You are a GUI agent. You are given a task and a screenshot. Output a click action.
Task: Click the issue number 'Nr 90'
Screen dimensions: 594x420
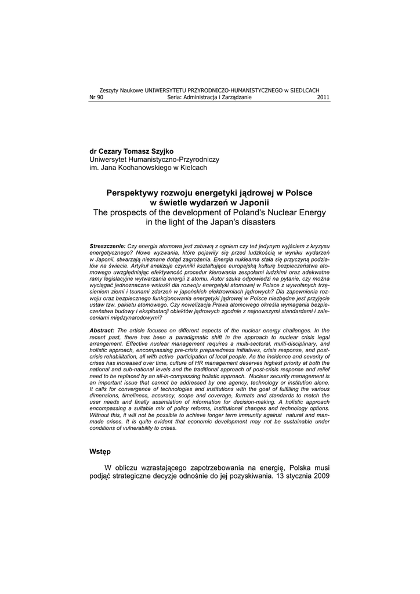96,97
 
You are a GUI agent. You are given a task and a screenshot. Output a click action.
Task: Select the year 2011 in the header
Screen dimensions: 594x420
324,97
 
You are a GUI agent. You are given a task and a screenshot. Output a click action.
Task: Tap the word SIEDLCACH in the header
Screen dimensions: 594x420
305,91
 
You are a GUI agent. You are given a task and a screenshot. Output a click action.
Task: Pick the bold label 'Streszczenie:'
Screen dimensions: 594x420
107,247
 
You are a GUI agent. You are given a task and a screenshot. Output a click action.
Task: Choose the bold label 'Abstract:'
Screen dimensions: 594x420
102,329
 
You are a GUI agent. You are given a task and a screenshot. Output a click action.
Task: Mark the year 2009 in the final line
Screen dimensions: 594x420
320,477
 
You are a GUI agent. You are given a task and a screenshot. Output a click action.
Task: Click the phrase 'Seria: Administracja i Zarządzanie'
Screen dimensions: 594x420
209,97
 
